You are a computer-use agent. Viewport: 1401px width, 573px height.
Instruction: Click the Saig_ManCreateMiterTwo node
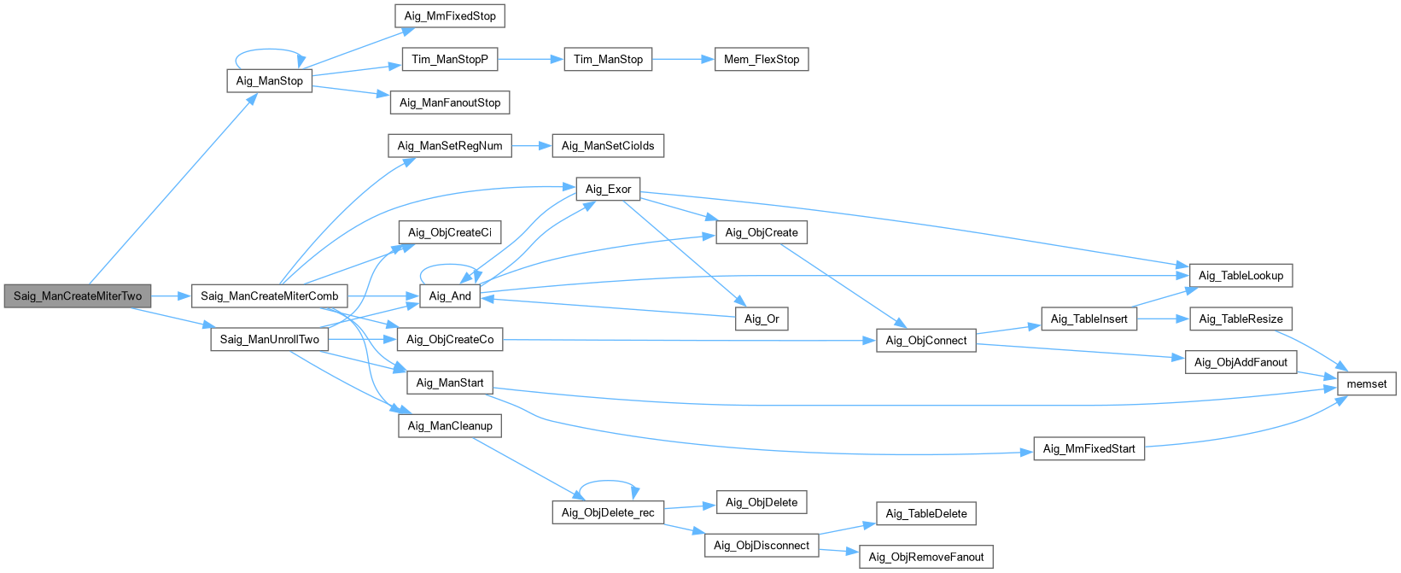(78, 296)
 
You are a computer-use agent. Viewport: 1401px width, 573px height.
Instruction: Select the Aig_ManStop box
(270, 81)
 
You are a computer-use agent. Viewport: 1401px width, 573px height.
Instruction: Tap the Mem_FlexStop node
(762, 60)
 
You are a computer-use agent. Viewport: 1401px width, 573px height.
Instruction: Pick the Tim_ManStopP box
(450, 60)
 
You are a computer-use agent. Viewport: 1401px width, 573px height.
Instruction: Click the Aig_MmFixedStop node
(450, 16)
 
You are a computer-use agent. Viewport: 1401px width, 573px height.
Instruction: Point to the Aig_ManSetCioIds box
(608, 146)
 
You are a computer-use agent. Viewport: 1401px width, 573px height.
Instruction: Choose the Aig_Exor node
(608, 190)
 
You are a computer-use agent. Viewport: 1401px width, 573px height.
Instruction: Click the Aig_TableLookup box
(1240, 276)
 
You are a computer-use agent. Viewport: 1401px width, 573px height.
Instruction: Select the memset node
(1366, 384)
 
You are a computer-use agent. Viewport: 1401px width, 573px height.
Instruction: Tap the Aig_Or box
(762, 319)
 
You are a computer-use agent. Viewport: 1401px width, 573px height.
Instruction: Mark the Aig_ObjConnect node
(926, 341)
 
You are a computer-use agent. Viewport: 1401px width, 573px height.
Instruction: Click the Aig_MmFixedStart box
(1089, 449)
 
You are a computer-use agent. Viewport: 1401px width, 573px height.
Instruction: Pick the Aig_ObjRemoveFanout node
(926, 558)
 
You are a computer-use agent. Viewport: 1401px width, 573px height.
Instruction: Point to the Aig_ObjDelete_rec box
(608, 513)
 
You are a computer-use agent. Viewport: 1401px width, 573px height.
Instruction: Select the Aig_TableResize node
(1240, 319)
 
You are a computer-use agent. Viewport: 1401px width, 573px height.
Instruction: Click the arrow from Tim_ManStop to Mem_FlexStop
(683, 60)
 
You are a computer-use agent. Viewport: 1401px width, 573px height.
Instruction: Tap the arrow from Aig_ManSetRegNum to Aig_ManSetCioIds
(532, 146)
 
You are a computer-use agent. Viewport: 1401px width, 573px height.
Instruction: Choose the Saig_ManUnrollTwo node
(270, 340)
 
